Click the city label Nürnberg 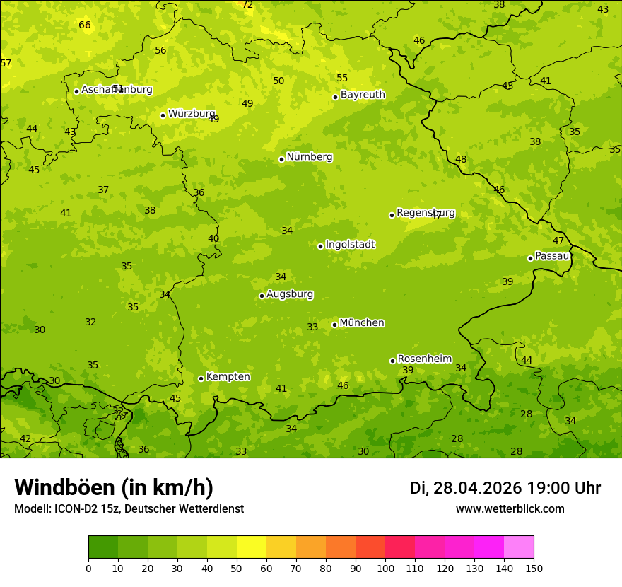(309, 157)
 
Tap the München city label (361, 323)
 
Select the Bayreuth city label (363, 95)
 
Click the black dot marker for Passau (530, 258)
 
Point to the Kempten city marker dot (201, 378)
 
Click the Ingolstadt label (350, 245)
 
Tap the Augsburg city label (290, 294)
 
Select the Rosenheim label (424, 359)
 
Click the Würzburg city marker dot (163, 115)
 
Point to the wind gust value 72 (247, 5)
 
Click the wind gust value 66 (85, 25)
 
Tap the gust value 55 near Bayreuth (342, 79)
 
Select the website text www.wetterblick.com (510, 509)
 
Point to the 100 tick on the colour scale (385, 569)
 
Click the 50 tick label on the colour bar (237, 569)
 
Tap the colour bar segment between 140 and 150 (519, 547)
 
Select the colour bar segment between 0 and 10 (103, 547)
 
